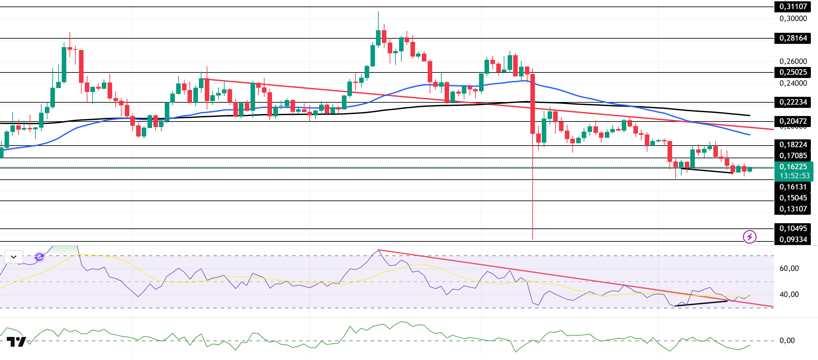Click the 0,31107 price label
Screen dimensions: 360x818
pyautogui.click(x=793, y=6)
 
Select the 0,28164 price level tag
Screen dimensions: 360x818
pyautogui.click(x=793, y=38)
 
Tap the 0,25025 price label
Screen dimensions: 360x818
pyautogui.click(x=793, y=72)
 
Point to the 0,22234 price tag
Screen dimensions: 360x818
pyautogui.click(x=793, y=102)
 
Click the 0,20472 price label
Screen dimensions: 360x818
pyautogui.click(x=793, y=121)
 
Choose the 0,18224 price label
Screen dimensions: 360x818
pyautogui.click(x=793, y=145)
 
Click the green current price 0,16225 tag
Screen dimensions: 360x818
pyautogui.click(x=793, y=167)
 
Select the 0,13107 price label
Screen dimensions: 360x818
pyautogui.click(x=793, y=209)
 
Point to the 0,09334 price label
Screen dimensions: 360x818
pyautogui.click(x=793, y=239)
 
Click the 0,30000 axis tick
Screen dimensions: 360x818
pyautogui.click(x=793, y=19)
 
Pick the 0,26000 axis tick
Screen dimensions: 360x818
pyautogui.click(x=793, y=61)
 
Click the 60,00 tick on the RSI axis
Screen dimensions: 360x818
pyautogui.click(x=789, y=268)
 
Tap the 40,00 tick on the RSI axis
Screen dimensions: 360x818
pyautogui.click(x=789, y=294)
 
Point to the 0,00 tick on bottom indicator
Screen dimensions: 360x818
pyautogui.click(x=787, y=341)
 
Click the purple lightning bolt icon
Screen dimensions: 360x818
pyautogui.click(x=749, y=237)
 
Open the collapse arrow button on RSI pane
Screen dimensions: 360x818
pyautogui.click(x=14, y=257)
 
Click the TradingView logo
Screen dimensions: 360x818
pyautogui.click(x=16, y=342)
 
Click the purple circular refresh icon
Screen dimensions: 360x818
pyautogui.click(x=39, y=257)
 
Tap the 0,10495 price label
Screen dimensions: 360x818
pyautogui.click(x=793, y=228)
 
